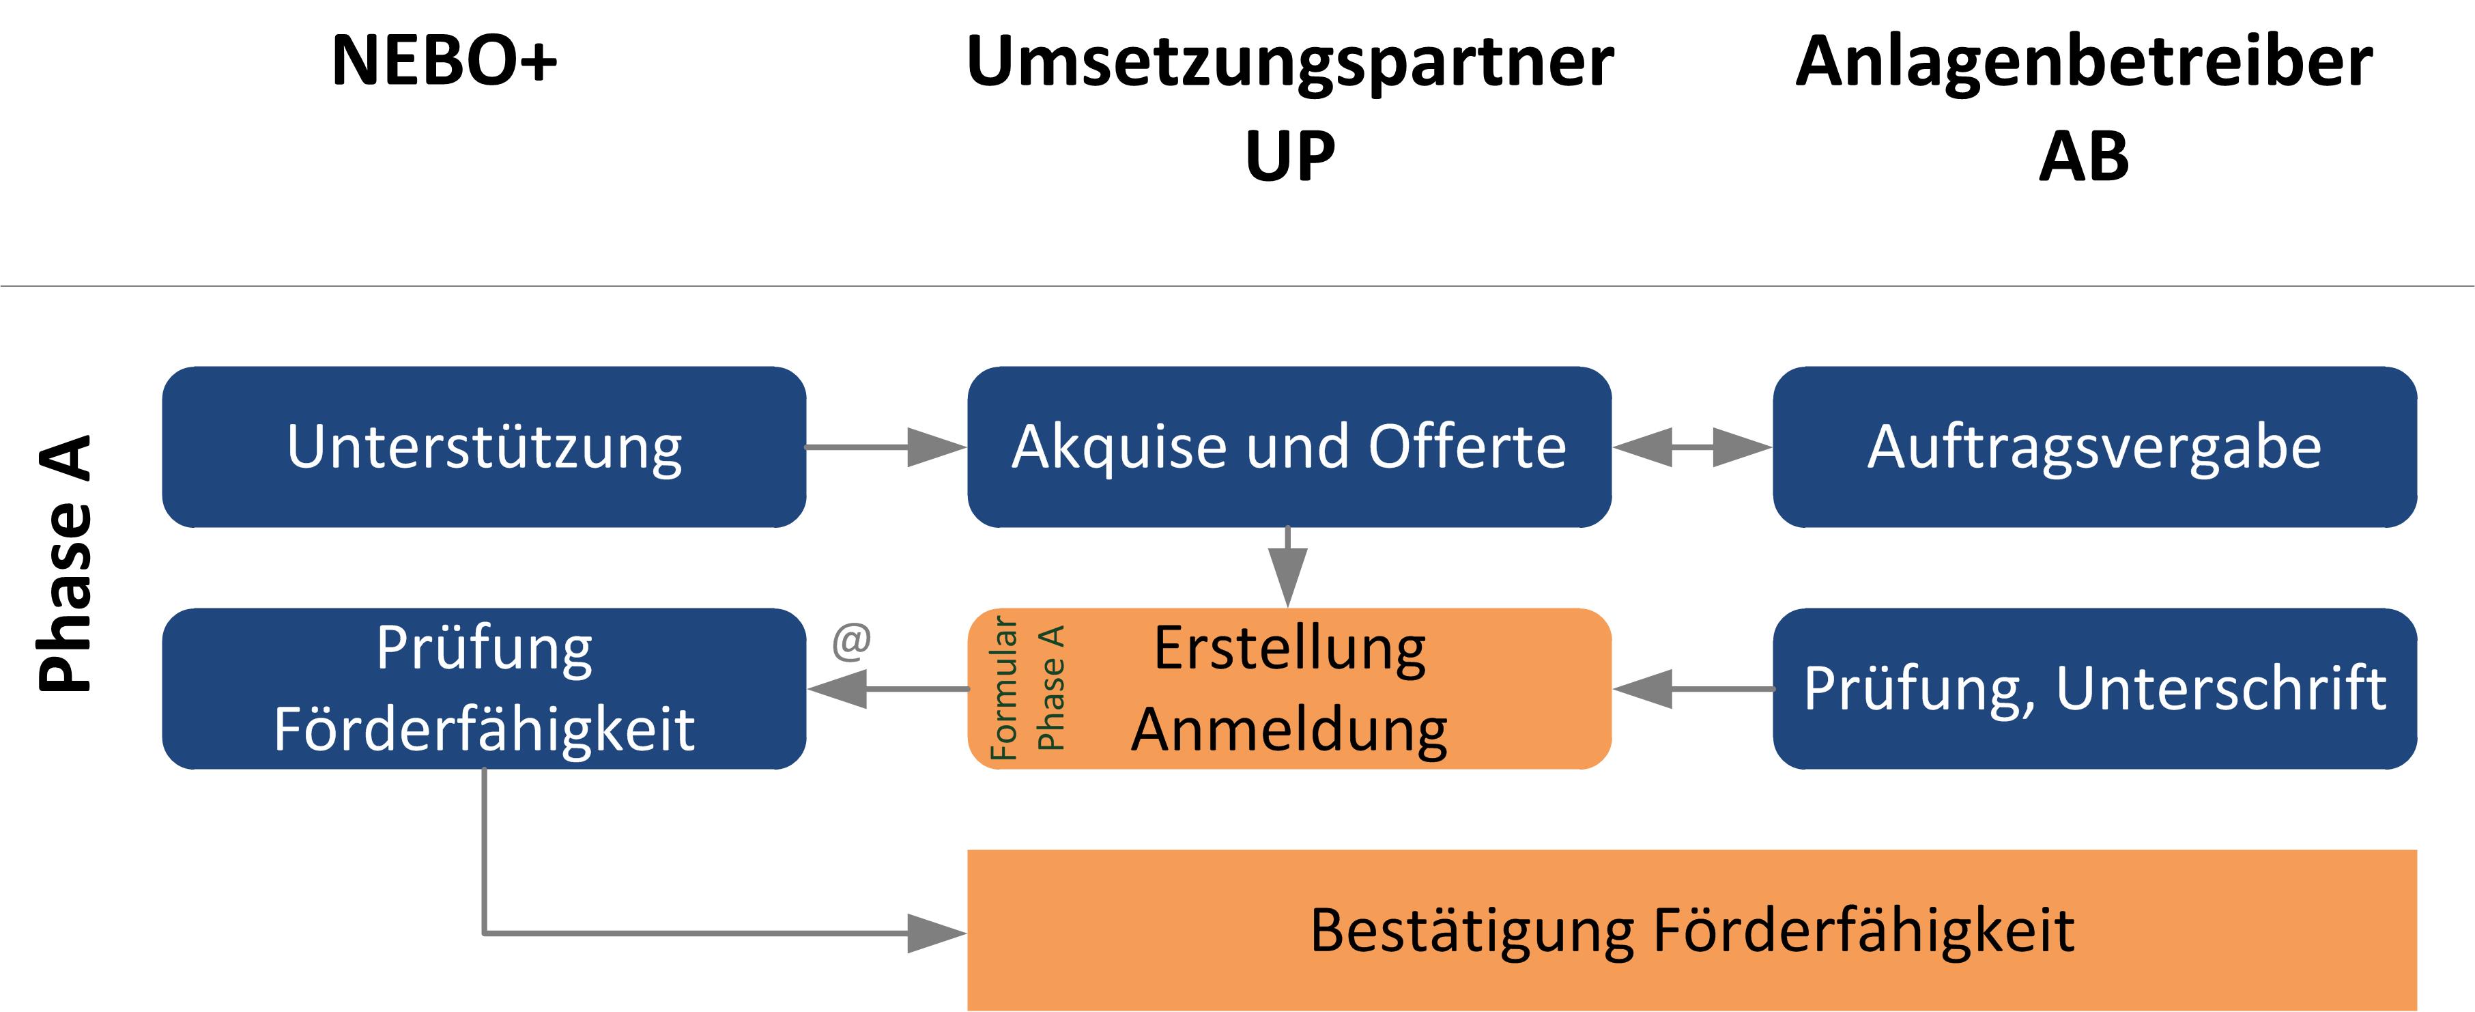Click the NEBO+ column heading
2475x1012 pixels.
click(444, 61)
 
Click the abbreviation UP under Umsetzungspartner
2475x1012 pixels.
click(1289, 156)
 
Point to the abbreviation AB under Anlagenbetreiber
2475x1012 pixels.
click(2083, 156)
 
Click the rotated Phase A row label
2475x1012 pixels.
click(66, 564)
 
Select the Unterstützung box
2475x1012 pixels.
click(484, 447)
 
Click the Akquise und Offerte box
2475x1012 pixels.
click(1289, 447)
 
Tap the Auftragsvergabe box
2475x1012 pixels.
click(2095, 447)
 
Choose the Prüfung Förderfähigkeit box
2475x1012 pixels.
click(484, 688)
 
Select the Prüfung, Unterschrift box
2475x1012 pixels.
click(2095, 688)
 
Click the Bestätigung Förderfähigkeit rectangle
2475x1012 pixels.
click(1691, 930)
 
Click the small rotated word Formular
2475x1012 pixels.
click(1003, 688)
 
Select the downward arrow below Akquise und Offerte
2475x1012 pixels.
click(1287, 567)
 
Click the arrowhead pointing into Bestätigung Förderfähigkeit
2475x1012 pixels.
click(936, 932)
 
